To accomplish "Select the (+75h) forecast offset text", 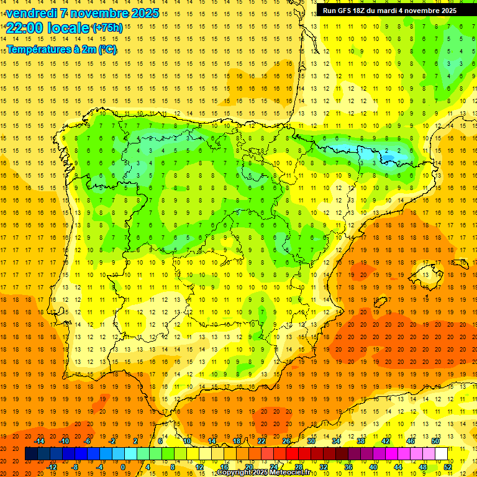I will pos(107,27).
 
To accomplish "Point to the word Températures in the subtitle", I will pos(37,49).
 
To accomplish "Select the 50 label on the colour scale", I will pos(435,441).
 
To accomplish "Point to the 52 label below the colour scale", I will pos(447,467).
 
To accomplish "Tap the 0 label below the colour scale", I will pos(124,467).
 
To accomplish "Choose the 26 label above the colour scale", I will pos(286,441).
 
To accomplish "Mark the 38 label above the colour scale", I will pos(360,441).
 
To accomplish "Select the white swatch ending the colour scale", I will pos(441,454).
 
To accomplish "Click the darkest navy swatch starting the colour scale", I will pos(31,454).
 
